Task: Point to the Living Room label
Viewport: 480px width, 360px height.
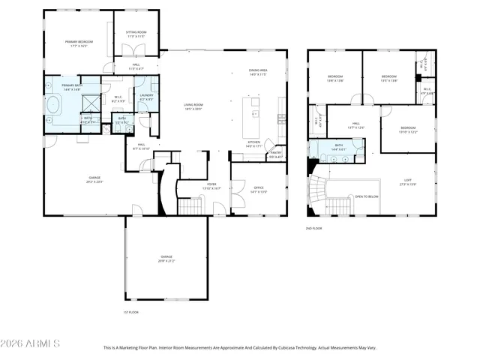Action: coord(194,106)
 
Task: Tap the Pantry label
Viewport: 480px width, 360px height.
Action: coord(275,154)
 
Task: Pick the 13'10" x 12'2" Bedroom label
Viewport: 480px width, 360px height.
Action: coord(407,129)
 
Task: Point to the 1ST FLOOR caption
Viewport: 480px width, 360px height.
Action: coord(130,312)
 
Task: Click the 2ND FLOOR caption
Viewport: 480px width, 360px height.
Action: coord(314,228)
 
